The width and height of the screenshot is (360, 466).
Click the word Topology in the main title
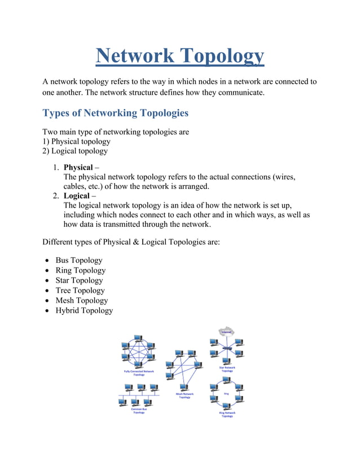(221, 56)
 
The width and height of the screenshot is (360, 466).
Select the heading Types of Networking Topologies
(115, 113)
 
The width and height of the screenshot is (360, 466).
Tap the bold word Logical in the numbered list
(76, 196)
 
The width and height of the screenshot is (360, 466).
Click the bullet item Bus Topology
(78, 260)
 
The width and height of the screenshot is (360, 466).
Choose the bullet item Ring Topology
(80, 270)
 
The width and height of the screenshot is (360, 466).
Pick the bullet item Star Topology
(79, 280)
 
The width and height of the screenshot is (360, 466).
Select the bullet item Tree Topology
(80, 291)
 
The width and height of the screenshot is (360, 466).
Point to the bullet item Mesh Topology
(81, 301)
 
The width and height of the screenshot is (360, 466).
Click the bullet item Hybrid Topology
(84, 311)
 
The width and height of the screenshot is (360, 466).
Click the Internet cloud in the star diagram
(226, 332)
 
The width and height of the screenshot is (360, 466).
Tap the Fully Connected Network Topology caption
(138, 373)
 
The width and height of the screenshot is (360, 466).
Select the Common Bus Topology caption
(138, 410)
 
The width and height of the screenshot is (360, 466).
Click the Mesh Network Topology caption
(185, 395)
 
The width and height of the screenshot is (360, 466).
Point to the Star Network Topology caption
(226, 369)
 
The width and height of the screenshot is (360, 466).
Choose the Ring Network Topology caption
(226, 414)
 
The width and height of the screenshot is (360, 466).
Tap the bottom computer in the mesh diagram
(169, 376)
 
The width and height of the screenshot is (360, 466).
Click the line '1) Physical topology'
(76, 142)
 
